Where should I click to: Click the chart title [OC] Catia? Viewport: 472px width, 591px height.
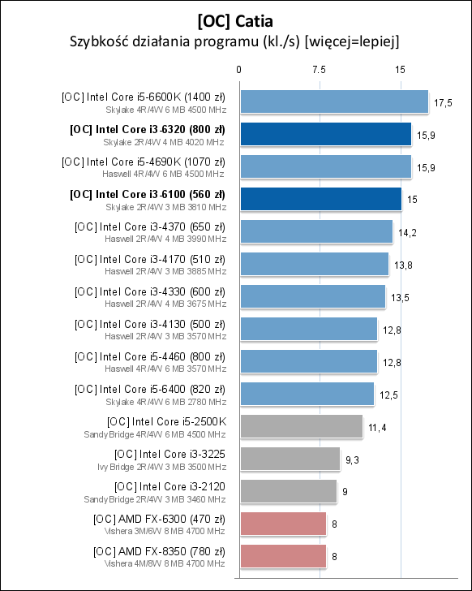[x=236, y=17]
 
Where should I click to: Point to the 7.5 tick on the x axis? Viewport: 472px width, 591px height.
[x=320, y=70]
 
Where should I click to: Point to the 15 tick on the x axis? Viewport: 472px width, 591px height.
[x=401, y=70]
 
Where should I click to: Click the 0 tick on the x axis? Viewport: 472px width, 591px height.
[x=238, y=70]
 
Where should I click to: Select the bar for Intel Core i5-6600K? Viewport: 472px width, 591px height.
[x=333, y=101]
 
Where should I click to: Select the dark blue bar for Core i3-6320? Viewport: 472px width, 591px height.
[x=324, y=134]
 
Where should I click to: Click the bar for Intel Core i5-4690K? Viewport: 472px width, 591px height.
[x=324, y=166]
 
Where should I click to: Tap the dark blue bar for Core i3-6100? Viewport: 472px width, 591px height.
[x=320, y=199]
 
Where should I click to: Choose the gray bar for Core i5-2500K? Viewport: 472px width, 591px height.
[x=300, y=426]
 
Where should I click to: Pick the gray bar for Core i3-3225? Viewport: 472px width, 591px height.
[x=289, y=459]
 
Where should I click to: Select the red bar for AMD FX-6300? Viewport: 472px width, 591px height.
[x=281, y=524]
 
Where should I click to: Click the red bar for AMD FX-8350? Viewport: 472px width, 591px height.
[x=281, y=556]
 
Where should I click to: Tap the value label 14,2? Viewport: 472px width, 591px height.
[x=407, y=232]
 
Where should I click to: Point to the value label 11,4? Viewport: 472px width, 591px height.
[x=376, y=427]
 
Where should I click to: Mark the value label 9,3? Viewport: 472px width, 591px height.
[x=353, y=459]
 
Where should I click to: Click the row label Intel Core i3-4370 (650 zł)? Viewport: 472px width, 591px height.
[x=149, y=226]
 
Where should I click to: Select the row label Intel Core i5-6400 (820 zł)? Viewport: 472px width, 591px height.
[x=149, y=389]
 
